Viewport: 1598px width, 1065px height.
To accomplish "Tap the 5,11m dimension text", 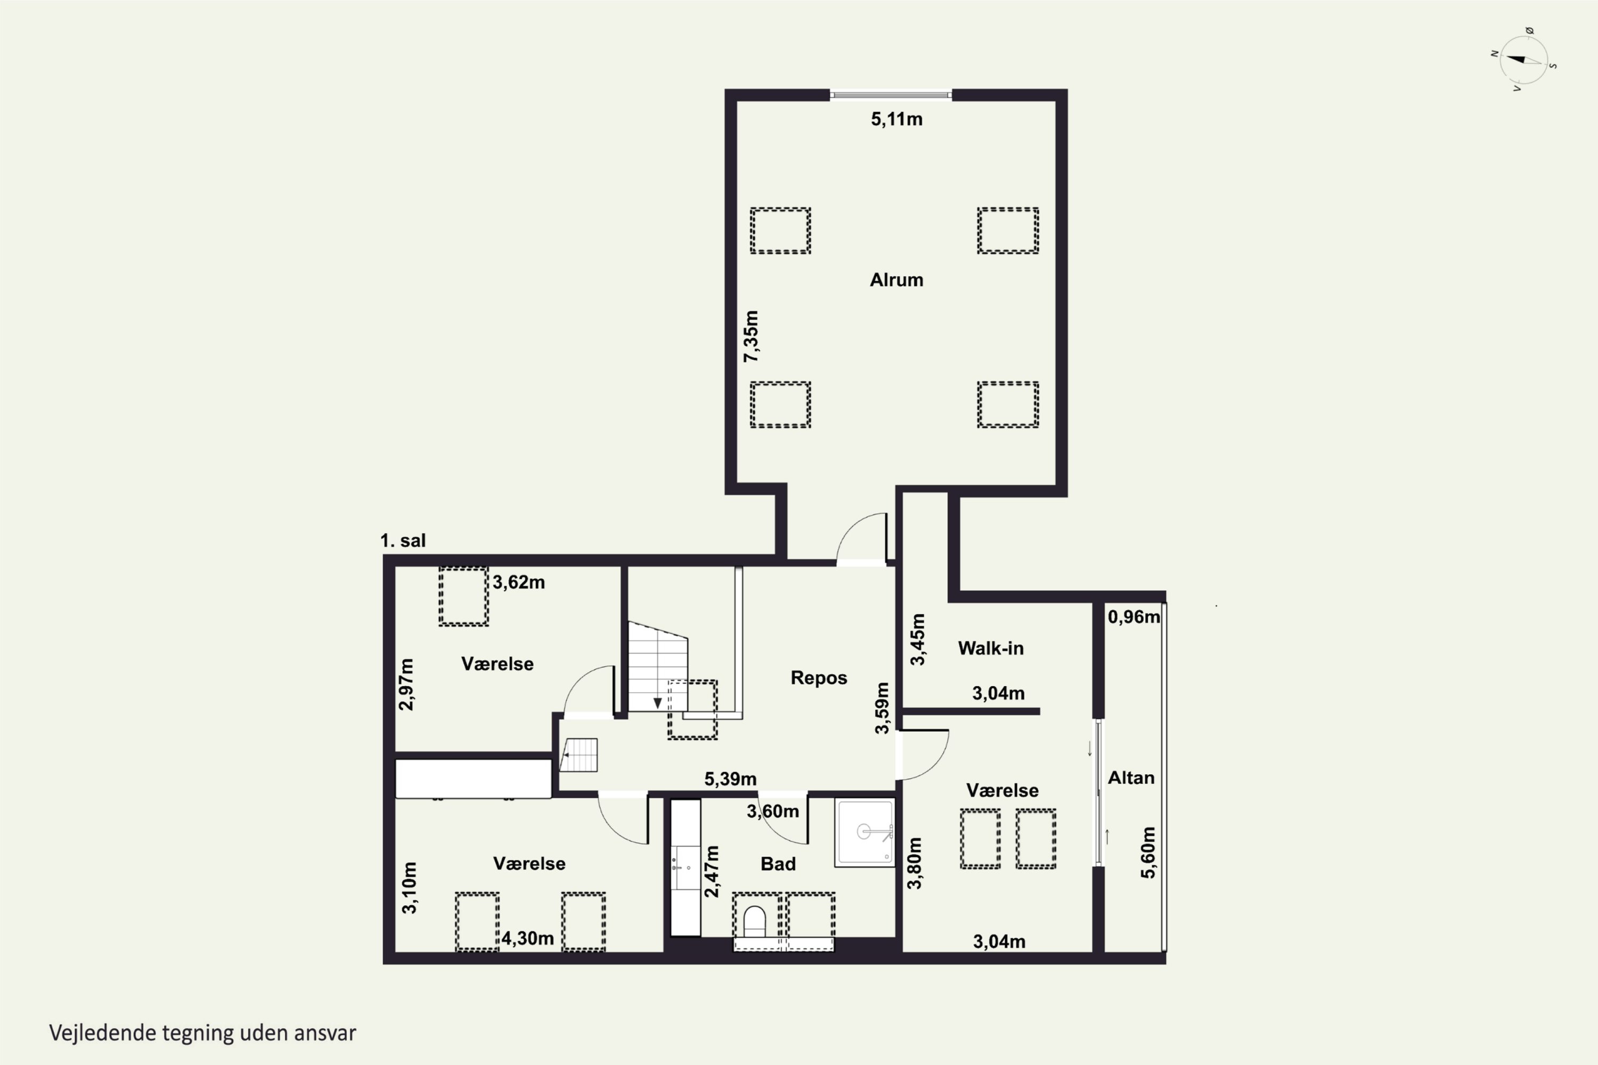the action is [897, 119].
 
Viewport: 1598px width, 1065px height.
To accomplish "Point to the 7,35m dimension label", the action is [751, 336].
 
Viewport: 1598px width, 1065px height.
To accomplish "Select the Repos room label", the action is [819, 678].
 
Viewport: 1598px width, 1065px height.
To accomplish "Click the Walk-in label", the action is [991, 648].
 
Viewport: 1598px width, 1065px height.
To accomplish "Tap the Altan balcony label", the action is [1131, 777].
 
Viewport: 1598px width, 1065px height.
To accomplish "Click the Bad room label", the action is [778, 864].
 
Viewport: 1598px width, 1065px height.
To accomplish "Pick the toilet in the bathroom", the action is [755, 922].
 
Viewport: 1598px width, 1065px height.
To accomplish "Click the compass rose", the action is [1523, 60].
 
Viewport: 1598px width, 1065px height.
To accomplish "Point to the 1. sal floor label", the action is [403, 540].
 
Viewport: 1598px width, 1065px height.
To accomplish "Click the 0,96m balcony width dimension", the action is [1134, 617].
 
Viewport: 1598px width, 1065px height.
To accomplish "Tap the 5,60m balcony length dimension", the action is [1147, 853].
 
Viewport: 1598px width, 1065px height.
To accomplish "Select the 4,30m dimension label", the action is [528, 939].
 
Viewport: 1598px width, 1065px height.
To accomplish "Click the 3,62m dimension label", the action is [518, 582].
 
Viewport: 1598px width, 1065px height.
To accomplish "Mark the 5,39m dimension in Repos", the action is [730, 779].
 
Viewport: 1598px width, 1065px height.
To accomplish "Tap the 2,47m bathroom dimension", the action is [711, 871].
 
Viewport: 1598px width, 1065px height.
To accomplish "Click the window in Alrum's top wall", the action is [890, 95].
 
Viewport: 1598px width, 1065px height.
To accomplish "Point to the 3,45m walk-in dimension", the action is [917, 639].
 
